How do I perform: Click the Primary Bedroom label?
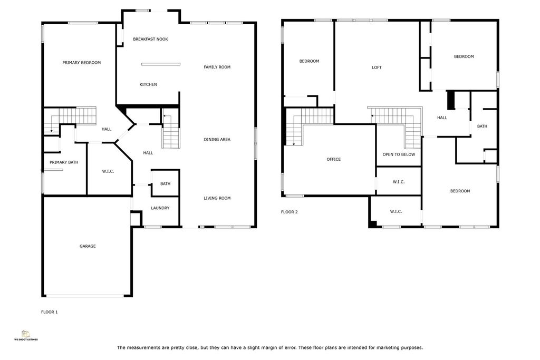click(82, 63)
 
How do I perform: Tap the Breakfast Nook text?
click(150, 39)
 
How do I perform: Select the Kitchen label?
click(148, 84)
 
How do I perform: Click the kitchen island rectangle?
click(161, 64)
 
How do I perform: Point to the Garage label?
click(88, 246)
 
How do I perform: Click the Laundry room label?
click(160, 208)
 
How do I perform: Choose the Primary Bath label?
click(64, 162)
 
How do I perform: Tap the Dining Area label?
click(217, 139)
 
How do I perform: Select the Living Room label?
click(217, 198)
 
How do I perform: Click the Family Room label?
click(217, 67)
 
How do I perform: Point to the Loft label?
click(377, 67)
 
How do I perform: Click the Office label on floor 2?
click(334, 159)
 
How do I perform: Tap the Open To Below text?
click(399, 154)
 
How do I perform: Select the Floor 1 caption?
click(49, 312)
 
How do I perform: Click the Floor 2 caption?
click(290, 212)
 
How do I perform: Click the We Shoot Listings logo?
click(26, 335)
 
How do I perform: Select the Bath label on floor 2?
click(482, 127)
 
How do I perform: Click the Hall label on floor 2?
click(442, 118)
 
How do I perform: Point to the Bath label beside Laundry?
click(165, 184)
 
